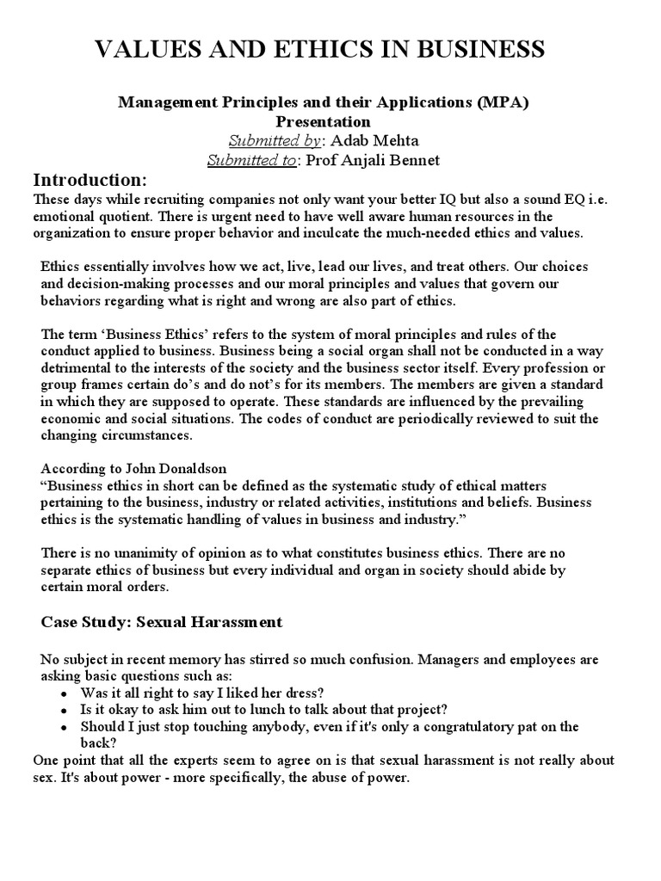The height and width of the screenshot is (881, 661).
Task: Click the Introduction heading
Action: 90,180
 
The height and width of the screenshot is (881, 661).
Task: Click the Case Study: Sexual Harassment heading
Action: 162,621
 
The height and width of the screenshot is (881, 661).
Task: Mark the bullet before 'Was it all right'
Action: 65,693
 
